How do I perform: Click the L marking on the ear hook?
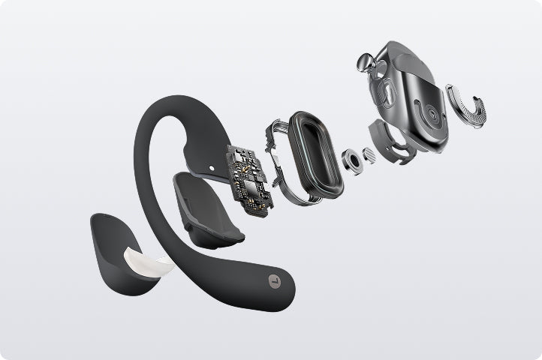(x=275, y=283)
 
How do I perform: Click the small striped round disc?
(x=369, y=154)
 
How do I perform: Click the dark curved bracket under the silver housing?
(x=393, y=142)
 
